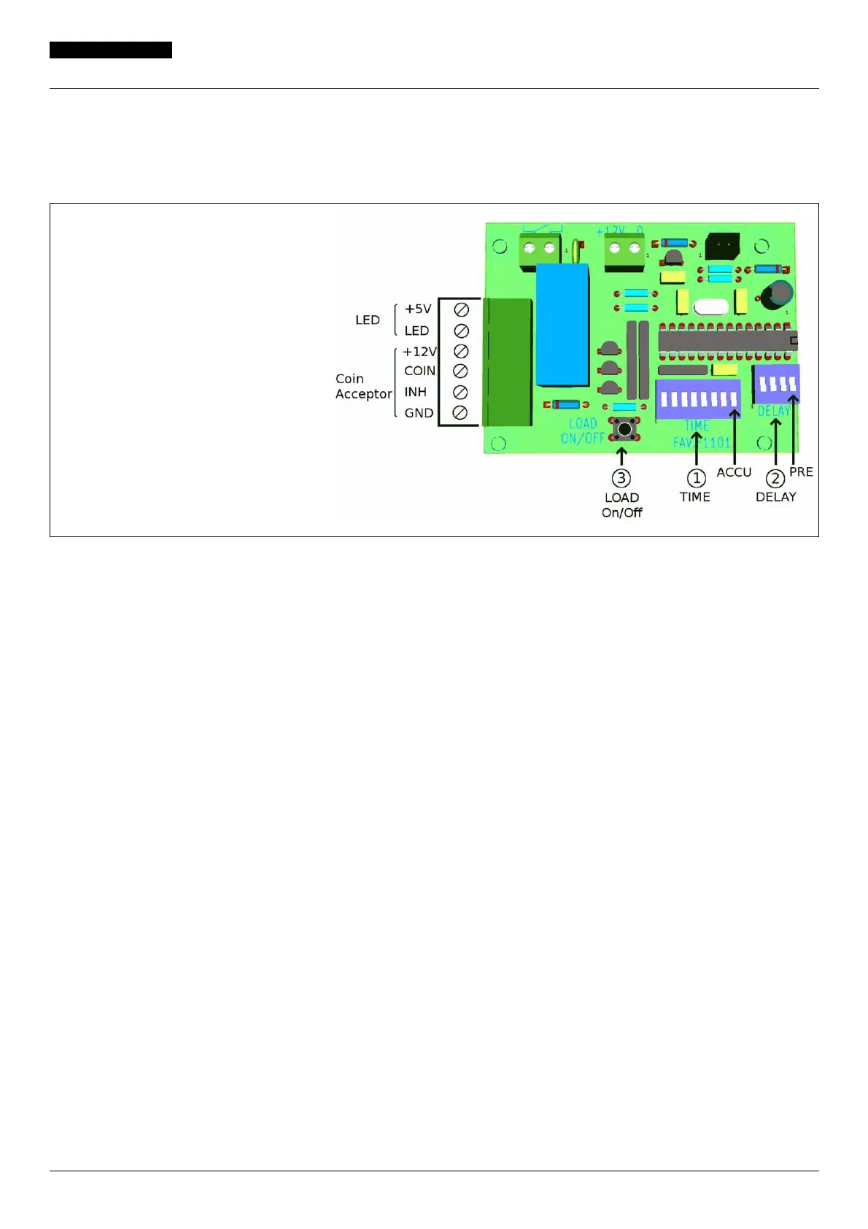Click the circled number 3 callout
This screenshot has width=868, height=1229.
click(x=621, y=478)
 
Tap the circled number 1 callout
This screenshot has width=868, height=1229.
click(x=697, y=478)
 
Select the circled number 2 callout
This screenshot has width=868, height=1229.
click(x=775, y=478)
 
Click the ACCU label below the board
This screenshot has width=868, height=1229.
click(x=734, y=472)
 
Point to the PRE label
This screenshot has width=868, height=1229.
click(x=801, y=471)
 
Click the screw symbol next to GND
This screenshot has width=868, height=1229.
click(x=460, y=412)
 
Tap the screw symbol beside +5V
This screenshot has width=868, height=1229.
click(x=460, y=309)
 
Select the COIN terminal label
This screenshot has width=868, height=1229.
click(x=419, y=371)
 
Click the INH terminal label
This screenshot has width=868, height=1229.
click(x=415, y=392)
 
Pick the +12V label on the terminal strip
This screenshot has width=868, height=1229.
click(x=419, y=351)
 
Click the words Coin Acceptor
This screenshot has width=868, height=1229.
click(x=363, y=386)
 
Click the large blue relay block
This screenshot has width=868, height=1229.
click(x=562, y=325)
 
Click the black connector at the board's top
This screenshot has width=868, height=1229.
click(x=723, y=246)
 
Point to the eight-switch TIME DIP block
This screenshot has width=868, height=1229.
click(x=698, y=398)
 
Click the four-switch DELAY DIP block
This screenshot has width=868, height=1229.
click(x=778, y=383)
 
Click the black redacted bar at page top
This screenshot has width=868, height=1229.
click(x=111, y=50)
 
